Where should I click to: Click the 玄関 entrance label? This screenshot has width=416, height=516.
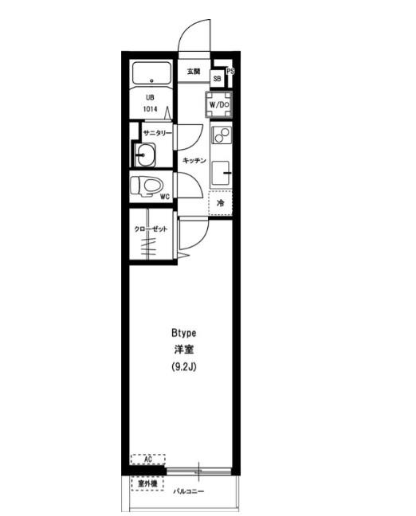pos(194,71)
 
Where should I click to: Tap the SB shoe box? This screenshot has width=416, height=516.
pos(217,79)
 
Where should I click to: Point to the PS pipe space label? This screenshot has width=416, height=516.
pos(230,71)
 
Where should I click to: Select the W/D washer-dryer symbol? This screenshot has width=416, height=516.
pos(219,105)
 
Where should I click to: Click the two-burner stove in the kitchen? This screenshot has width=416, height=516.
pos(222,135)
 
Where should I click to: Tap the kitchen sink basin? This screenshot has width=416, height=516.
pos(220,173)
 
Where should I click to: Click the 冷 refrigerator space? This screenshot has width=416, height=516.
pos(220,203)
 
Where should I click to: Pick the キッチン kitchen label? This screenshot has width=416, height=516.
pos(194,160)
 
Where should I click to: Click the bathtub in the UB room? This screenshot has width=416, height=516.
pos(151,73)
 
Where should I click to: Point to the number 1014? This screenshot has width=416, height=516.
pos(150,109)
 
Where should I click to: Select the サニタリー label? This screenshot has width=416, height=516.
pos(158,133)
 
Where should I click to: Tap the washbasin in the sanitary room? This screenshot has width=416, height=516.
pos(145,155)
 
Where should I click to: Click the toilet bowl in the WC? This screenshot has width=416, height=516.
pos(147,186)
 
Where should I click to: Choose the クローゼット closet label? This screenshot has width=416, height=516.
pos(151,229)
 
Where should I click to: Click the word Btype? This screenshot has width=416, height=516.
pos(184,333)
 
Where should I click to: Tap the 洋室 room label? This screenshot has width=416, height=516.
pos(184,350)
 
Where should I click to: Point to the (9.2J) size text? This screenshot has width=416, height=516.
pos(184,366)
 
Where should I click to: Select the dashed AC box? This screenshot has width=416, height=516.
pos(148,459)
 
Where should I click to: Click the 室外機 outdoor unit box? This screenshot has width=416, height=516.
pos(147,483)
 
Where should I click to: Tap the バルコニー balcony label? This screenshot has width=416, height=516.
pos(189,491)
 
